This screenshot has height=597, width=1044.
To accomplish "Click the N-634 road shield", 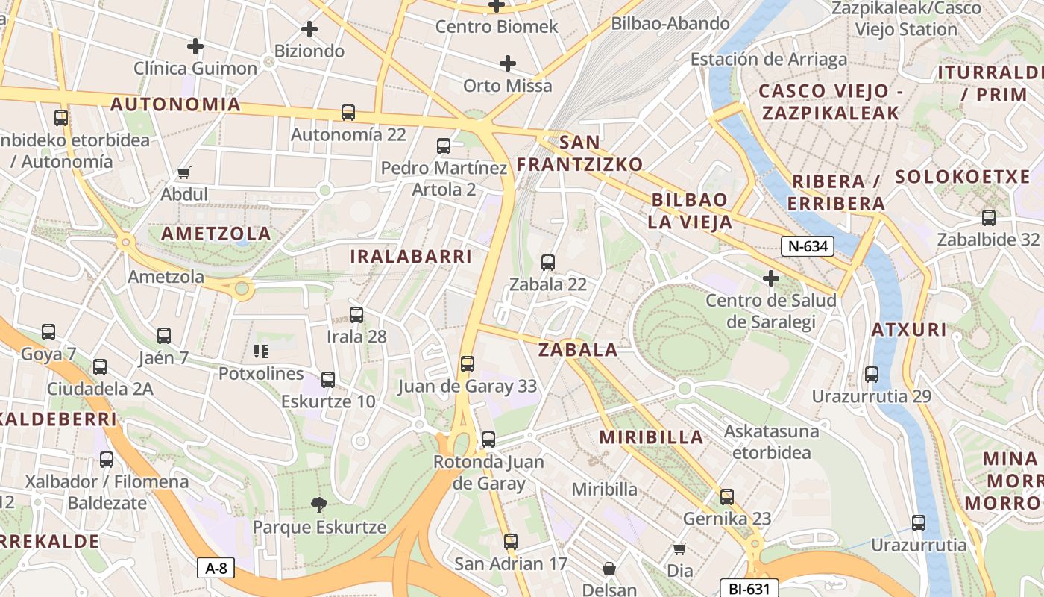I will pyautogui.click(x=808, y=246).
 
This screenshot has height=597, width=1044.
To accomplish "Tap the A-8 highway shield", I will pyautogui.click(x=216, y=568).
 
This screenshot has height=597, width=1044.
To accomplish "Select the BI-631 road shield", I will pyautogui.click(x=749, y=588).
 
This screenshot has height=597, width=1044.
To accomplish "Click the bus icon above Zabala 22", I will pyautogui.click(x=548, y=263).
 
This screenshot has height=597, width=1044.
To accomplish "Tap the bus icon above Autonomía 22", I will pyautogui.click(x=348, y=113).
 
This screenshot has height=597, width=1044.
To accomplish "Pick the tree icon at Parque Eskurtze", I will pyautogui.click(x=319, y=505).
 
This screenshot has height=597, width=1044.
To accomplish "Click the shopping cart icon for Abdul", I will pyautogui.click(x=184, y=172).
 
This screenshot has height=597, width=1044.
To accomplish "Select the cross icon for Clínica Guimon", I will pyautogui.click(x=195, y=46).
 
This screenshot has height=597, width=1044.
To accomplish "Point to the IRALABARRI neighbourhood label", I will pyautogui.click(x=411, y=257).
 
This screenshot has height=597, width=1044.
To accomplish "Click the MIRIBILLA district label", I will pyautogui.click(x=652, y=437).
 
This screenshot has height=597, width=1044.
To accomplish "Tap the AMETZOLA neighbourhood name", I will pyautogui.click(x=216, y=234).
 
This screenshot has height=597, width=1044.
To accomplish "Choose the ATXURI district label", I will pyautogui.click(x=909, y=330).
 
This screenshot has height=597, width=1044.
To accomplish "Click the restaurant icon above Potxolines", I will pyautogui.click(x=260, y=351).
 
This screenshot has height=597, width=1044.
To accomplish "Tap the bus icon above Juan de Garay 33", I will pyautogui.click(x=468, y=364).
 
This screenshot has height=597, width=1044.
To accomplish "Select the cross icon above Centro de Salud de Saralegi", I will pyautogui.click(x=771, y=279).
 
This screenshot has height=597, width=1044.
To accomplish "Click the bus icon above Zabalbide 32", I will pyautogui.click(x=989, y=218).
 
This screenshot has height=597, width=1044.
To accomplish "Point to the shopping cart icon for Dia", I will pyautogui.click(x=679, y=548).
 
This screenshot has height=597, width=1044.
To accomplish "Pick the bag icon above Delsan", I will pyautogui.click(x=609, y=569).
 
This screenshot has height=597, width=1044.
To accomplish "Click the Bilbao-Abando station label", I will pyautogui.click(x=670, y=24).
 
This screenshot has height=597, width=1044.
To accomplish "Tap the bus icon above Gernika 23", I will pyautogui.click(x=727, y=496).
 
